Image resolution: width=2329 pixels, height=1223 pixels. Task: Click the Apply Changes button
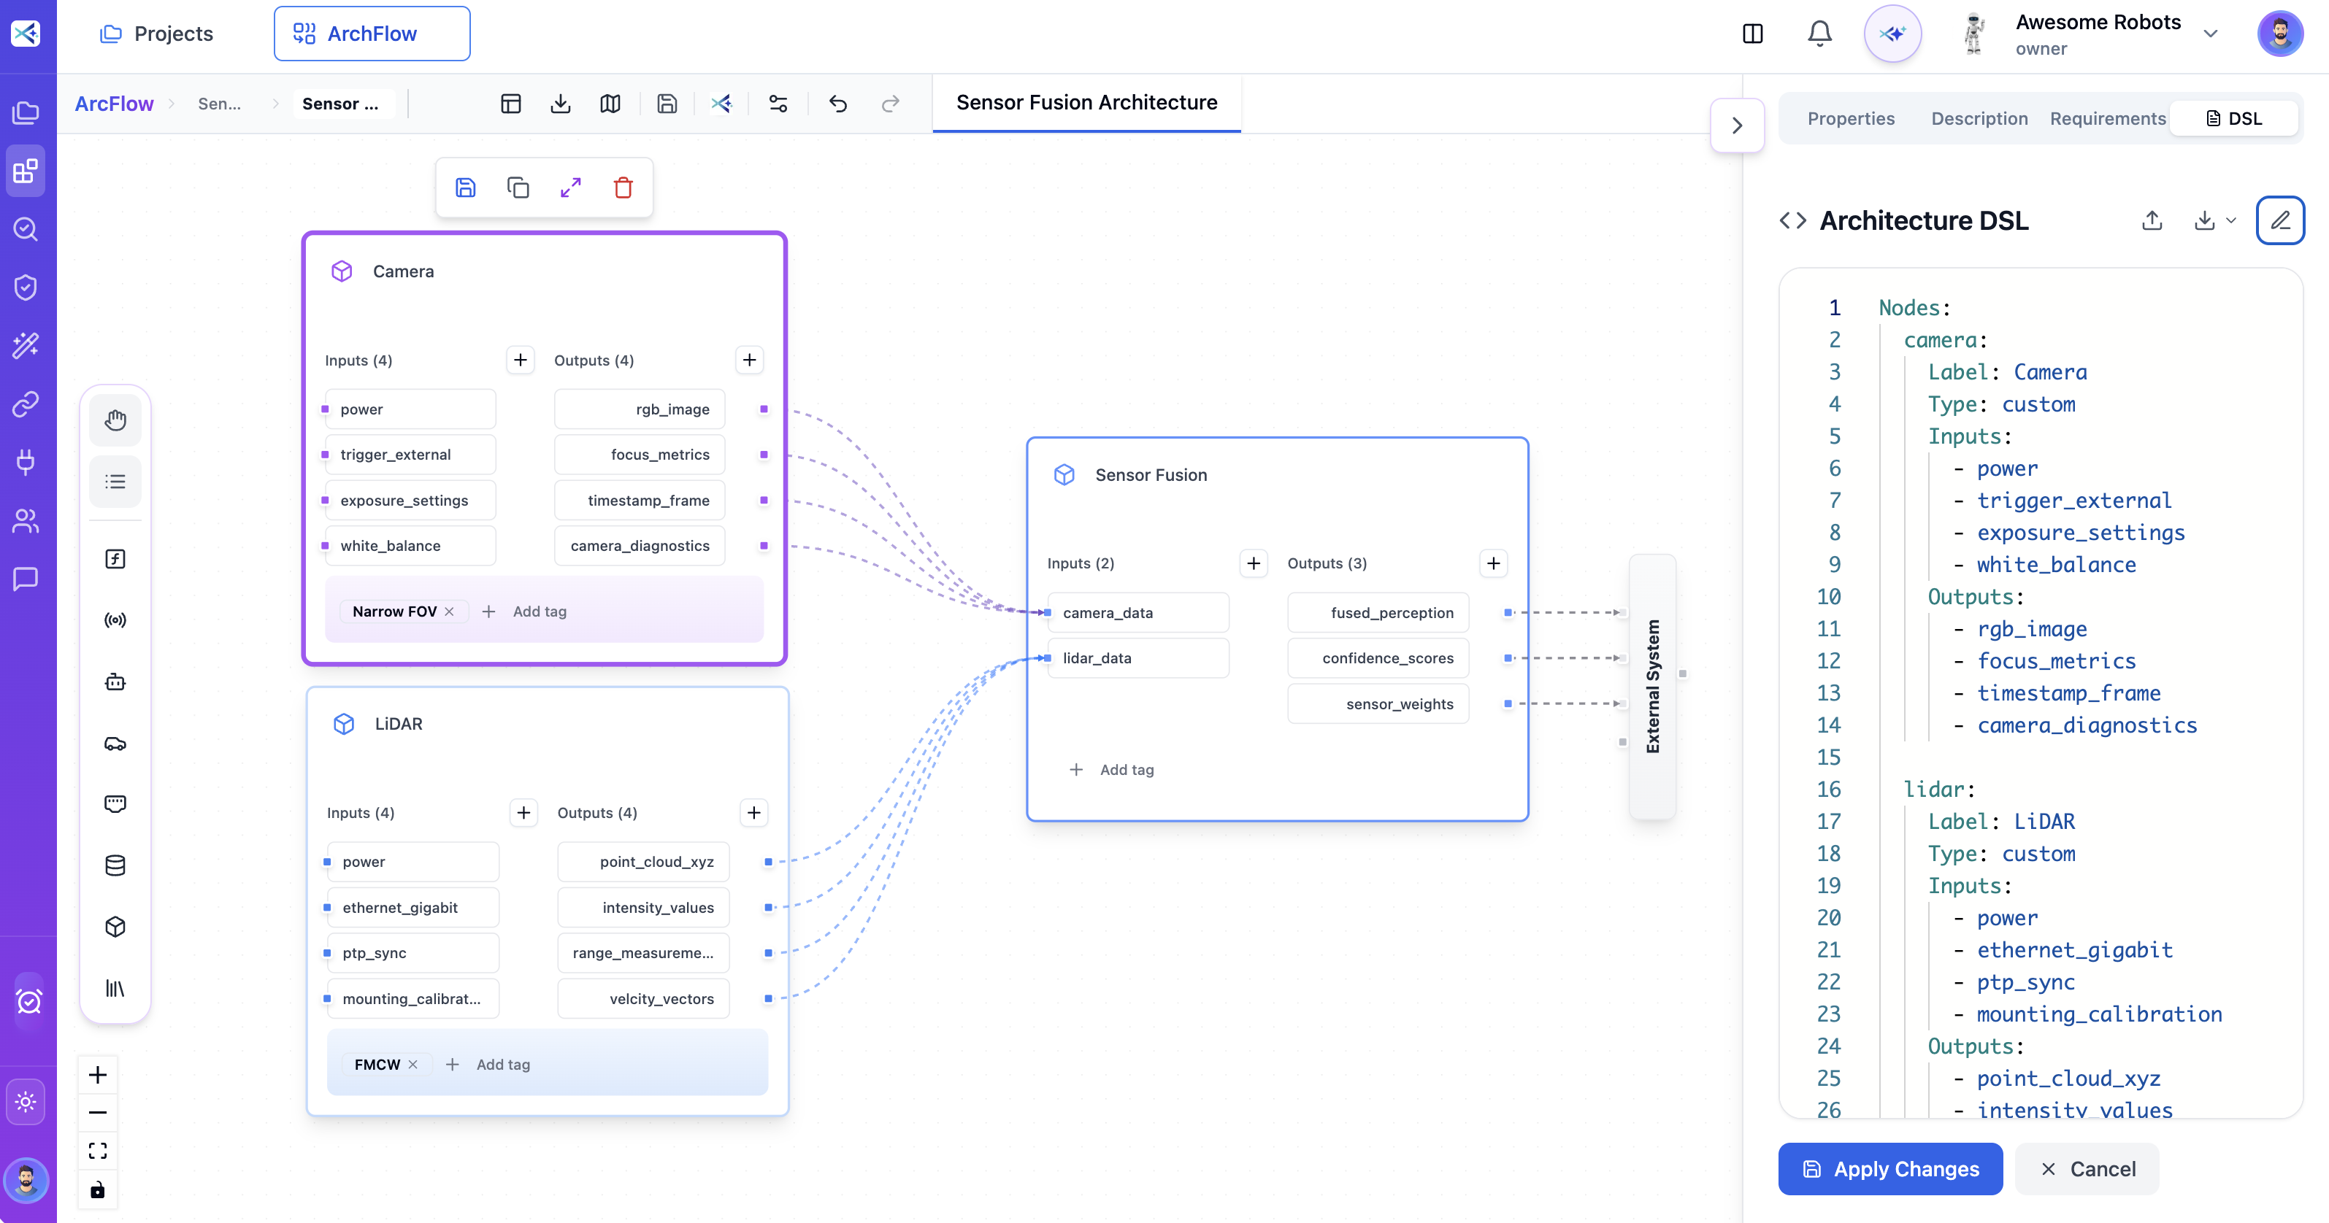pyautogui.click(x=1889, y=1169)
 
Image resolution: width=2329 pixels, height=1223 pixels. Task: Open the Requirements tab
pyautogui.click(x=2108, y=118)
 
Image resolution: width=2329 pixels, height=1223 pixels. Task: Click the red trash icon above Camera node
pyautogui.click(x=623, y=188)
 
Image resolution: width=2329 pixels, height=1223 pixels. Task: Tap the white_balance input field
pyautogui.click(x=410, y=546)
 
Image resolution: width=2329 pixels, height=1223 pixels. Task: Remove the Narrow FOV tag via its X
pyautogui.click(x=449, y=612)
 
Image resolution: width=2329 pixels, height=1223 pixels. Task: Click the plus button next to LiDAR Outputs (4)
pyautogui.click(x=753, y=813)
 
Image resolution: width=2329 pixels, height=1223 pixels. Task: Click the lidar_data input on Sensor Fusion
pyautogui.click(x=1137, y=658)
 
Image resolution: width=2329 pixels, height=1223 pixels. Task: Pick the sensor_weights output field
pyautogui.click(x=1378, y=704)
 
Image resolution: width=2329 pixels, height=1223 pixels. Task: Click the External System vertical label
pyautogui.click(x=1651, y=686)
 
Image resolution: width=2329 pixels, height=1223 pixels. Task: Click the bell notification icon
pyautogui.click(x=1819, y=34)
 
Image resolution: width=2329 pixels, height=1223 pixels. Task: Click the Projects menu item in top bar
pyautogui.click(x=156, y=34)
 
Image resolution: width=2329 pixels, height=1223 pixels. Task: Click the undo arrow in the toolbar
pyautogui.click(x=838, y=104)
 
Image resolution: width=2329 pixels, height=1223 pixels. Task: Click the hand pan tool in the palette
pyautogui.click(x=115, y=420)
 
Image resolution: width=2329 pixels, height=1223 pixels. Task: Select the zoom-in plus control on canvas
pyautogui.click(x=98, y=1075)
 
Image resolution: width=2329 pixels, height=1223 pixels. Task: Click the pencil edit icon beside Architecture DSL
pyautogui.click(x=2279, y=220)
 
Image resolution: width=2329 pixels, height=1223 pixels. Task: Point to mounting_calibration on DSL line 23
pyautogui.click(x=2098, y=1014)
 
